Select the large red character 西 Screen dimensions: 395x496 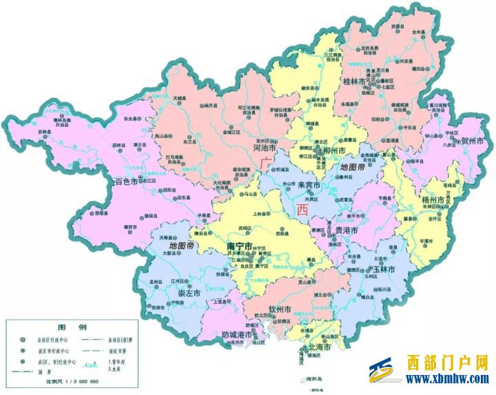pyautogui.click(x=302, y=210)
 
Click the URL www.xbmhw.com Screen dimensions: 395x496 pyautogui.click(x=448, y=378)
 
